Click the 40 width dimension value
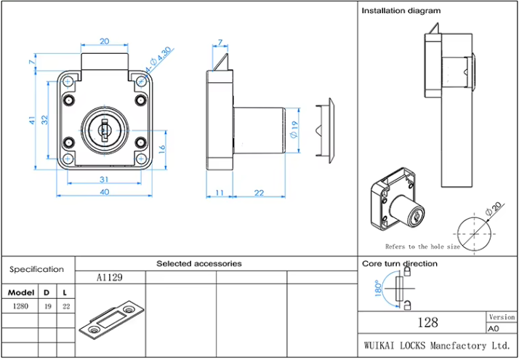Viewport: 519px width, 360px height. click(105, 191)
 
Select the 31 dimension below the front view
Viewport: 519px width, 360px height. click(104, 179)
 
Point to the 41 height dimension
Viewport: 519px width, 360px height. click(32, 120)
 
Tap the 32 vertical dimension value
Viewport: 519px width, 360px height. click(44, 119)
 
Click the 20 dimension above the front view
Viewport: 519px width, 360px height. click(105, 41)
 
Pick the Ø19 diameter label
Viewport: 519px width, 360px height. click(294, 129)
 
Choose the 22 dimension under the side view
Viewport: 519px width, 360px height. click(259, 192)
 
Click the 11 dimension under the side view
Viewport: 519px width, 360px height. click(220, 192)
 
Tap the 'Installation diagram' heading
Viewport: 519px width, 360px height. click(401, 11)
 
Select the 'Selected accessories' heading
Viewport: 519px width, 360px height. click(199, 263)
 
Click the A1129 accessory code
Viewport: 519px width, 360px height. click(110, 277)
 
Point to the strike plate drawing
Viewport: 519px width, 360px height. click(110, 318)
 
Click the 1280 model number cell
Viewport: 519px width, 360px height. click(20, 306)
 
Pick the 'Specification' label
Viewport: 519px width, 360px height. click(36, 269)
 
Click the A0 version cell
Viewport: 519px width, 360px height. click(502, 328)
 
